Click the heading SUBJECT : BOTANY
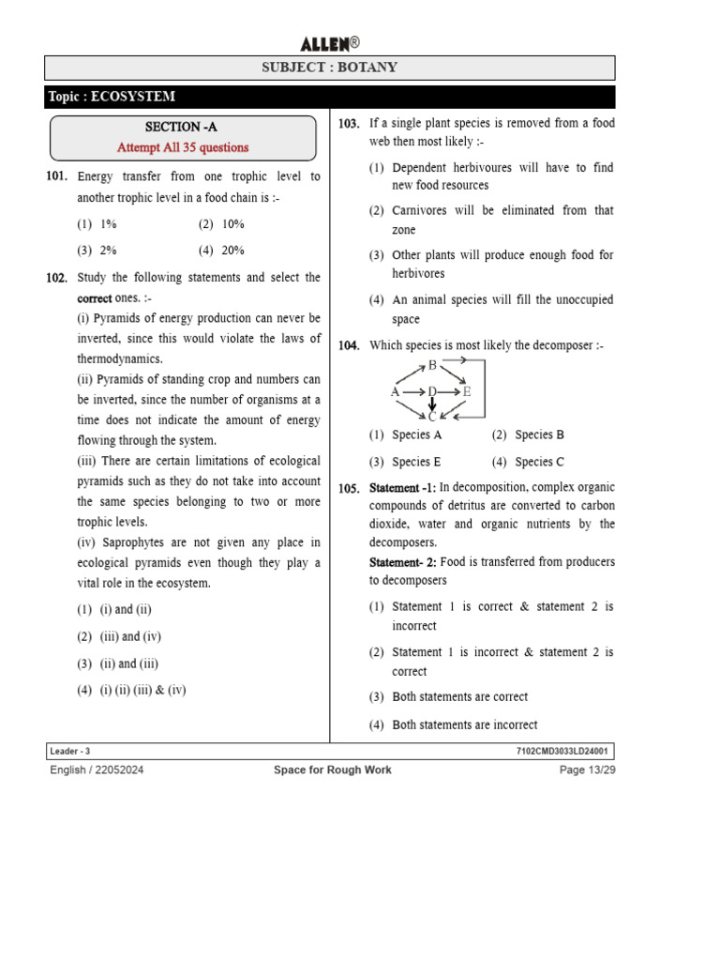(x=329, y=68)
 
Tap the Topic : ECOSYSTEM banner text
(x=112, y=97)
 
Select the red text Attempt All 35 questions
(x=183, y=147)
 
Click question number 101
(x=56, y=176)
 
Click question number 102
(x=56, y=278)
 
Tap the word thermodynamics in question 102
(x=120, y=359)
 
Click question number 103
(x=349, y=124)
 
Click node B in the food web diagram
(x=432, y=366)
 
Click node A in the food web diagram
(x=395, y=391)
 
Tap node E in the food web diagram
(x=467, y=391)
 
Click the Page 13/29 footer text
(x=587, y=770)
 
